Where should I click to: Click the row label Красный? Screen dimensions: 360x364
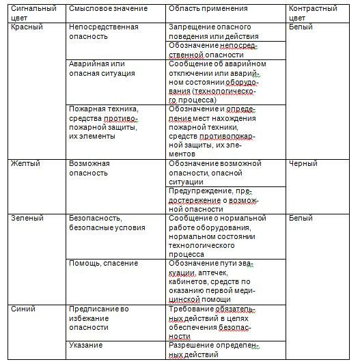(x=28, y=27)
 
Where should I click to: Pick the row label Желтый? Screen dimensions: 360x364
(x=27, y=164)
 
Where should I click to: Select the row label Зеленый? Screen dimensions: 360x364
(x=28, y=219)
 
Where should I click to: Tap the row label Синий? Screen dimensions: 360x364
(x=24, y=309)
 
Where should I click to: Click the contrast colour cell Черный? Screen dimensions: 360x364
(x=303, y=164)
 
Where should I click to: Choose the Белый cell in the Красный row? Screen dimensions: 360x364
(x=301, y=27)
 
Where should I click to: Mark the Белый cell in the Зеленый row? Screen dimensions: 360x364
(x=301, y=219)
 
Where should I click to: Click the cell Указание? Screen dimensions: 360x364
(x=86, y=345)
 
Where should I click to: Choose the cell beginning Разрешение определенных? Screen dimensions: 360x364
(x=215, y=350)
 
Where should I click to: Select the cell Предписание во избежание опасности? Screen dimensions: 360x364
(x=98, y=318)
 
